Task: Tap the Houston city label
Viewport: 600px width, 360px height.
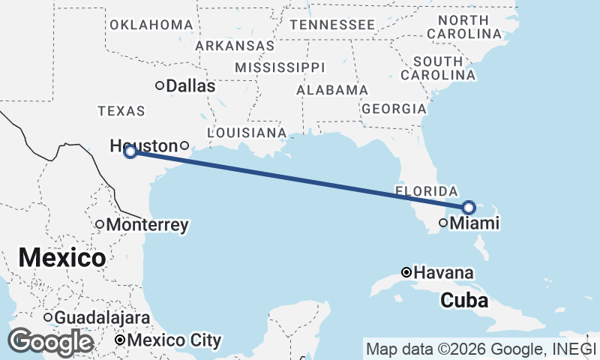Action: (x=144, y=145)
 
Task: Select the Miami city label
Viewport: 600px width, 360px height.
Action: (x=474, y=223)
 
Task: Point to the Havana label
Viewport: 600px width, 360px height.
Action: (x=443, y=272)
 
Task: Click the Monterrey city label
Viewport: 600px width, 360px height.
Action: (x=147, y=224)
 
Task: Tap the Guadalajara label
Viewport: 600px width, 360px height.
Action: (x=102, y=317)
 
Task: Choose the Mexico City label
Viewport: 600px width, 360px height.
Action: (x=174, y=341)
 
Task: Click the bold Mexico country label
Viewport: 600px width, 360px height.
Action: (x=62, y=258)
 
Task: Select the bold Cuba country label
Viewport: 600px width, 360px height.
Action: (x=464, y=301)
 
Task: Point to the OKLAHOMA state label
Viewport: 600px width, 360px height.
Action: (x=151, y=25)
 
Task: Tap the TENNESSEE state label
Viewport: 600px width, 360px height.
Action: (x=332, y=25)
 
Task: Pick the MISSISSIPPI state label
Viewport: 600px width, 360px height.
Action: (x=279, y=67)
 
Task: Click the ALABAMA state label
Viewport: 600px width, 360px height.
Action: (x=332, y=90)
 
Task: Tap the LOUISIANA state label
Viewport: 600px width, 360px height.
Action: (x=247, y=133)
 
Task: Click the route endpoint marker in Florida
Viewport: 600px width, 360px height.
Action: (x=469, y=207)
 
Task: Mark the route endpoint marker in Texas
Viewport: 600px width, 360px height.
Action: (x=130, y=151)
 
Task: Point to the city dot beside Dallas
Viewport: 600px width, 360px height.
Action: (x=160, y=85)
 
